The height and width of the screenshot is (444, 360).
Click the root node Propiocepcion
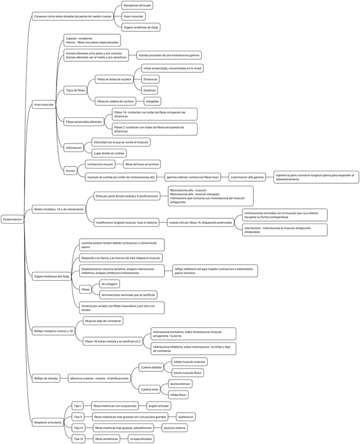coord(13,220)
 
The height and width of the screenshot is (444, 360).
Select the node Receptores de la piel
coord(138,6)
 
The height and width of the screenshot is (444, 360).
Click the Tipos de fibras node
coord(75,90)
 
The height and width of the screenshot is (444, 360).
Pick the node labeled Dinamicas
coord(151,79)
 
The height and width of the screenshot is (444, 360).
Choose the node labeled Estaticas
coord(150,90)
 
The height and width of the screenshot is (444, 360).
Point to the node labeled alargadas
coord(153,101)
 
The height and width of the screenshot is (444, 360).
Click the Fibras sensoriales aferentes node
coord(84,121)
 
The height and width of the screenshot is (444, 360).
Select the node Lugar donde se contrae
coord(109,153)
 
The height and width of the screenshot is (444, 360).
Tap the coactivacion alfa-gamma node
coord(247,177)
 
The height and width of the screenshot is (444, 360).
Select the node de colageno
coord(110,284)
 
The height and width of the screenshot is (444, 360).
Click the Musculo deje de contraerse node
coord(104,320)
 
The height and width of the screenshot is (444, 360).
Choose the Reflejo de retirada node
coord(46,378)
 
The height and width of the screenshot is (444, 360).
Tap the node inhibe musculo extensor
coord(190,362)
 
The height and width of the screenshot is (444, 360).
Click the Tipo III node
coord(79,428)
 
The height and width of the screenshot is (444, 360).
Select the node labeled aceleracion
coord(186,417)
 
